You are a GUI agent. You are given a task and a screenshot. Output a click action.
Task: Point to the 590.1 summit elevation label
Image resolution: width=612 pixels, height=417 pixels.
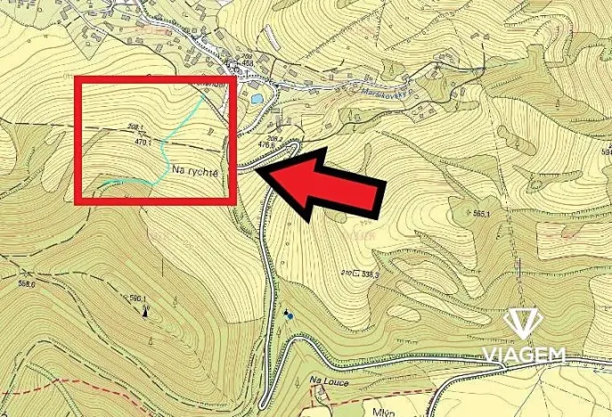(x=137, y=299)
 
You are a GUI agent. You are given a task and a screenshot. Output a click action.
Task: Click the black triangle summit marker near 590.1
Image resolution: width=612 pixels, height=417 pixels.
(x=144, y=312)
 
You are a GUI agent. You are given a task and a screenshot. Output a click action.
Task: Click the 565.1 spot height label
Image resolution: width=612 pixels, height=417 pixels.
(x=483, y=214)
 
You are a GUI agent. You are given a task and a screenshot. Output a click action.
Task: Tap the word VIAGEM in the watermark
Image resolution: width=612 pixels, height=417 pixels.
(x=525, y=356)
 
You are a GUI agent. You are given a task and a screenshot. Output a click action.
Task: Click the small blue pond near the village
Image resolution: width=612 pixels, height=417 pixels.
(x=256, y=99)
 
